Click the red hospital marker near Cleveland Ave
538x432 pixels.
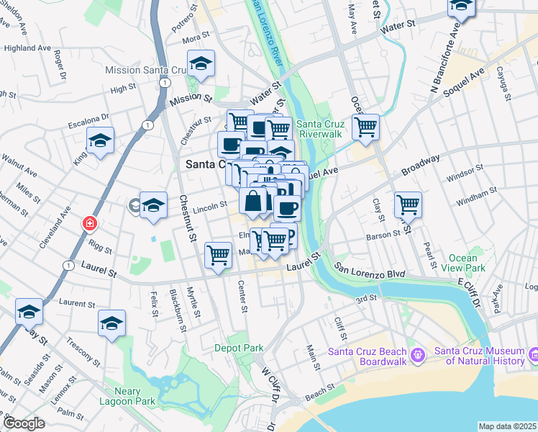click(89, 223)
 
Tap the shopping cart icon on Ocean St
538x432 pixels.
click(366, 128)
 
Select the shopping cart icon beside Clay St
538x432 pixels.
click(408, 204)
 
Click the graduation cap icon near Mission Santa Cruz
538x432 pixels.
click(201, 64)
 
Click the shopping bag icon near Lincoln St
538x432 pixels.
click(253, 202)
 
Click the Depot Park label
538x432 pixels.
click(239, 348)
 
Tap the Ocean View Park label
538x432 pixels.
click(468, 264)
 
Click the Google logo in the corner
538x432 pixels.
click(24, 423)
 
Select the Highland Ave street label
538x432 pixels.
click(27, 48)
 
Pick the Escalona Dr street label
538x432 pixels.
click(88, 118)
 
